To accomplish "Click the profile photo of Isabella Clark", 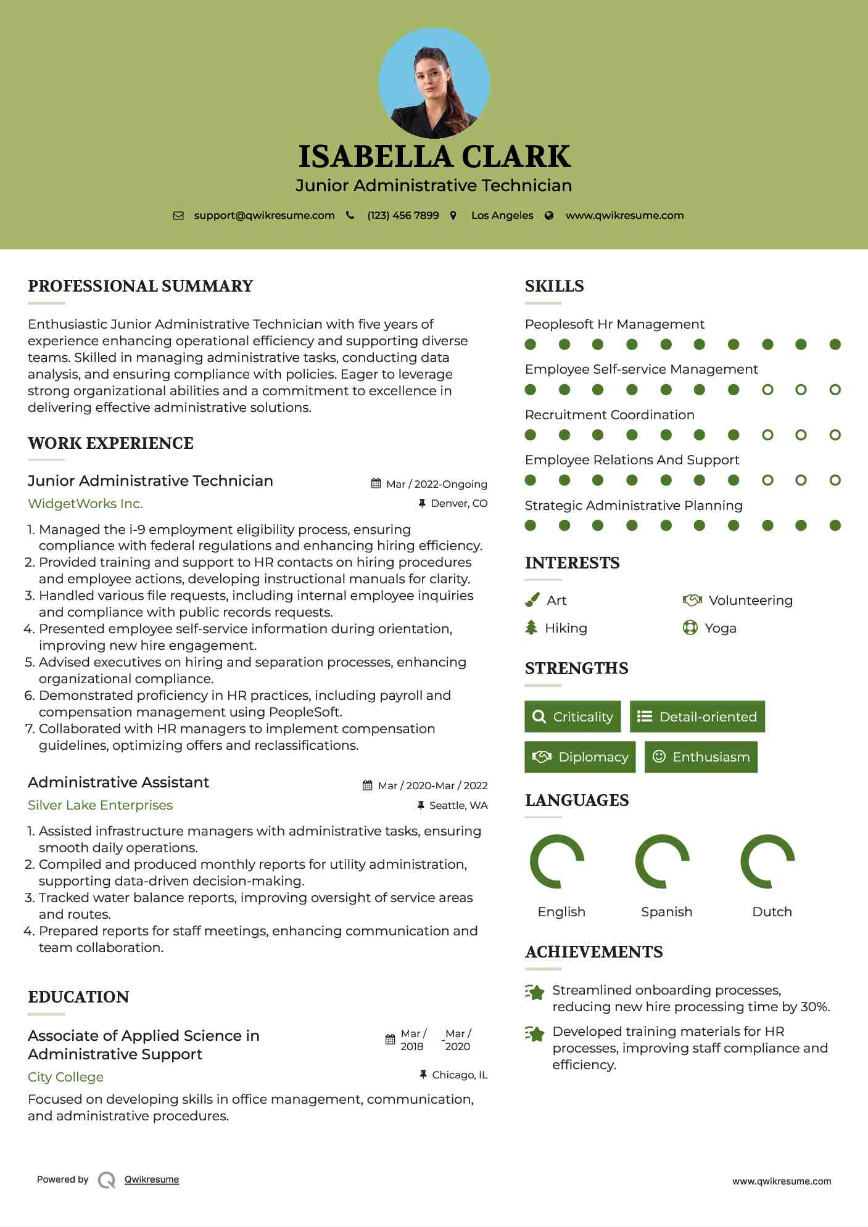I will (434, 83).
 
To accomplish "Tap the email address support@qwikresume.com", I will (264, 215).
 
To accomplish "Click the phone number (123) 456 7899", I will (403, 215).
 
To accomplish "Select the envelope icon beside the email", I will (178, 216).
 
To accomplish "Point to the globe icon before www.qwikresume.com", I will (549, 216).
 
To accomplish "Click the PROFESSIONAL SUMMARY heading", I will (141, 286).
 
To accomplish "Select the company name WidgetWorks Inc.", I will (85, 504).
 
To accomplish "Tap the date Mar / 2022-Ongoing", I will (436, 484).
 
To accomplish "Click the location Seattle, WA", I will (458, 805).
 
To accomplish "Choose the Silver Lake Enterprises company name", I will (100, 805).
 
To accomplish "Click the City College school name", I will (65, 1077).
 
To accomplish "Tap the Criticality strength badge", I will (572, 716).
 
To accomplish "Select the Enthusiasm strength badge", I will (701, 757).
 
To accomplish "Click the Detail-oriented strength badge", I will (697, 716).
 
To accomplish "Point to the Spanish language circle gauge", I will (663, 861).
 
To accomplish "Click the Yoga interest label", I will (721, 628).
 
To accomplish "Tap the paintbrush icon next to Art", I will (532, 600).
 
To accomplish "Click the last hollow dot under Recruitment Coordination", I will (835, 435).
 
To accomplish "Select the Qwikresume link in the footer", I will (152, 1180).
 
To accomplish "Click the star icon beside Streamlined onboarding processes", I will (535, 992).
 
